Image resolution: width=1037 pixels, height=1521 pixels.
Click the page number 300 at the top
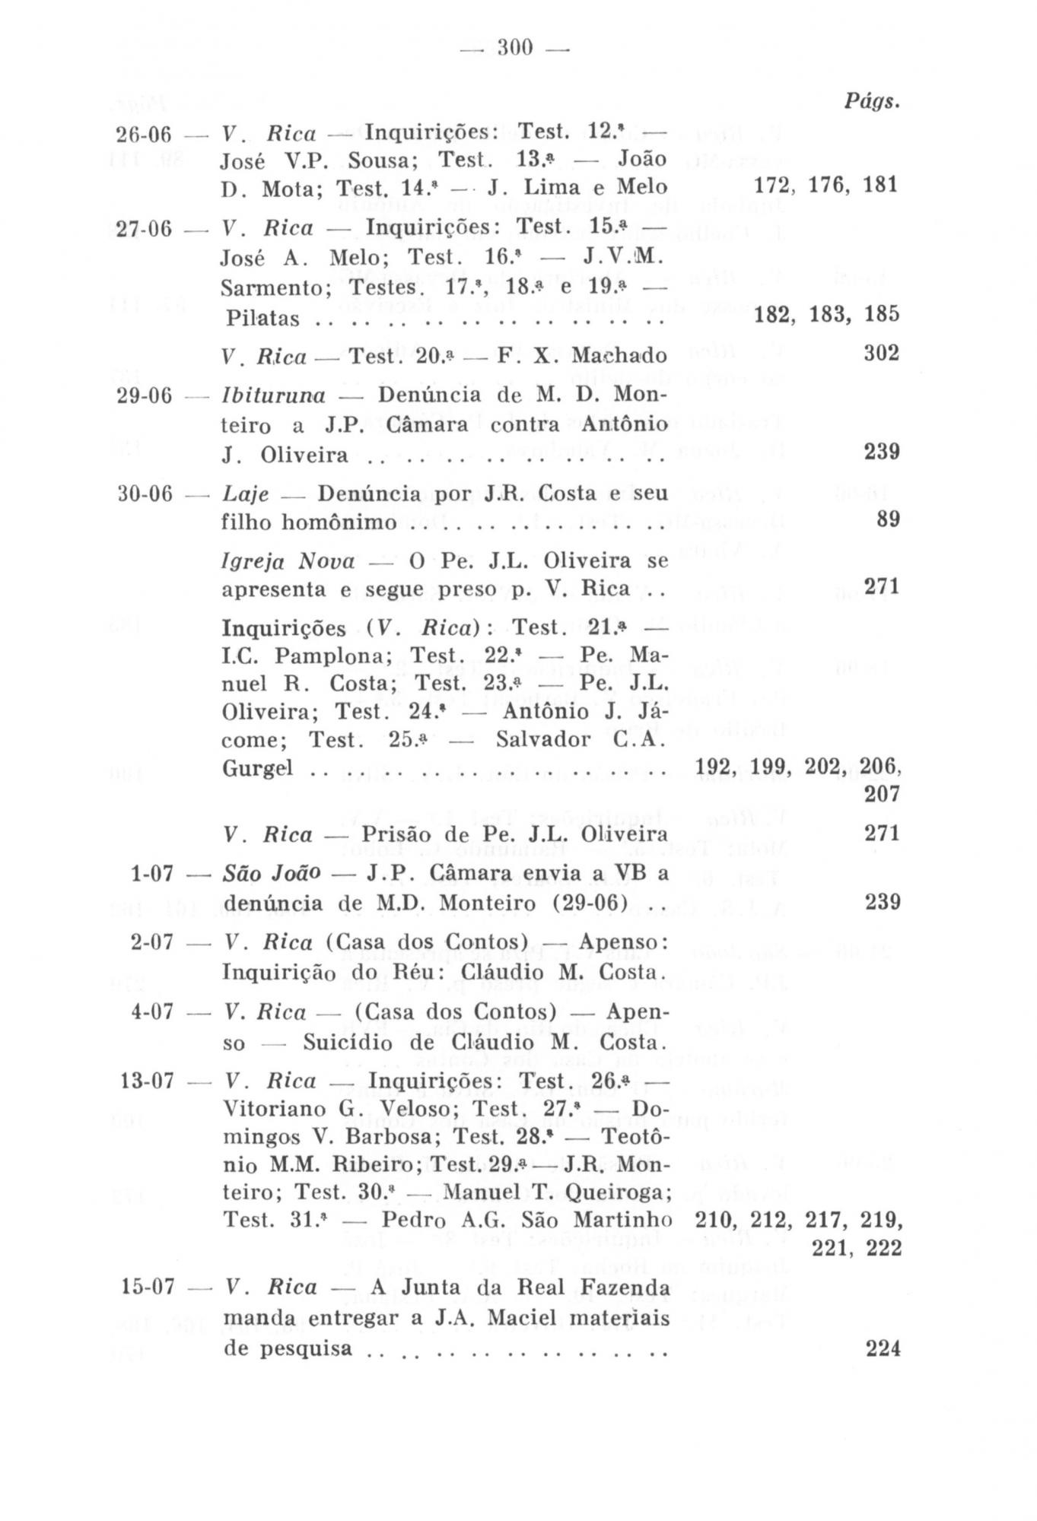[x=517, y=49]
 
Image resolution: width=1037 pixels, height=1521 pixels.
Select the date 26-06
[x=145, y=135]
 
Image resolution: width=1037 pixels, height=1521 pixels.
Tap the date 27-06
[x=145, y=229]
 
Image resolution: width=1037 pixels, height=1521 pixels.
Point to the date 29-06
[x=145, y=396]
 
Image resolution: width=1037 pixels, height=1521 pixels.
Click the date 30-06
[x=145, y=494]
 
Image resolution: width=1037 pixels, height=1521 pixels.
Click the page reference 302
[x=882, y=354]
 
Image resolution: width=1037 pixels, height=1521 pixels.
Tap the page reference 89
[x=889, y=520]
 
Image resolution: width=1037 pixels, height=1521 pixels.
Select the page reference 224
[x=883, y=1348]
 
